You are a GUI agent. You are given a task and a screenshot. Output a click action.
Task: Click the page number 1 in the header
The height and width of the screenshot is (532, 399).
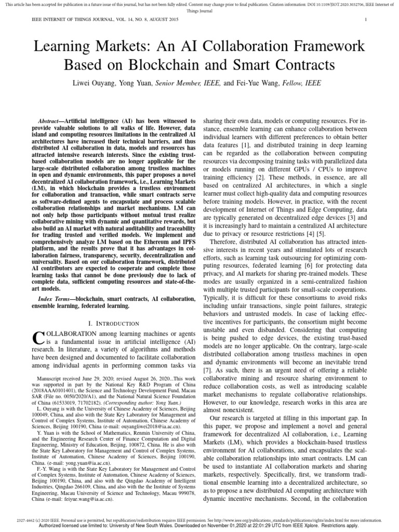(x=366, y=20)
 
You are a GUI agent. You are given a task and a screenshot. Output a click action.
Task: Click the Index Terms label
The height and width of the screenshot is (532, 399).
(x=56, y=300)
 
